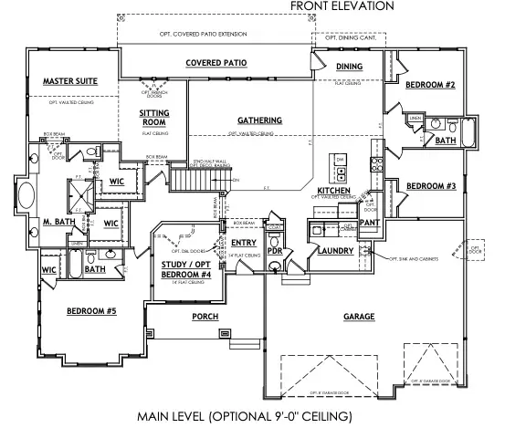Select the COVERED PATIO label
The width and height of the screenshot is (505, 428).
click(x=217, y=64)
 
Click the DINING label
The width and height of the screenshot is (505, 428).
click(x=349, y=67)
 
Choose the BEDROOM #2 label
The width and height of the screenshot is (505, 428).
click(x=430, y=85)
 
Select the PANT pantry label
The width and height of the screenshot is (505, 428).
click(x=369, y=221)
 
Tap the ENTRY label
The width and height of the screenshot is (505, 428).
click(x=244, y=242)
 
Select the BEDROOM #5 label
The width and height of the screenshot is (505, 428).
click(x=90, y=311)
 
